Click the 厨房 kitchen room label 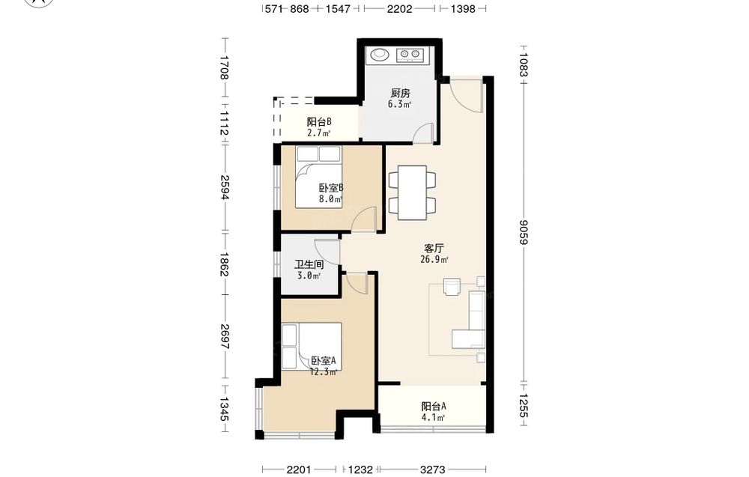(400, 93)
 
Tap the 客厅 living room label (434, 249)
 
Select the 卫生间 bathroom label (309, 264)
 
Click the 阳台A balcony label (434, 407)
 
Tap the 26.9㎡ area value (434, 260)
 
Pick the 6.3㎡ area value (400, 105)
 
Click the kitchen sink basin (380, 55)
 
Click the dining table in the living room (412, 192)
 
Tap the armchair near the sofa (451, 287)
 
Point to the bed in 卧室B (318, 177)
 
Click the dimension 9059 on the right (524, 232)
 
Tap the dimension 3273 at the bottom (433, 470)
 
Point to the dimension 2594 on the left (225, 186)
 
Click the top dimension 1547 (339, 8)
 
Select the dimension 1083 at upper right (524, 64)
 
